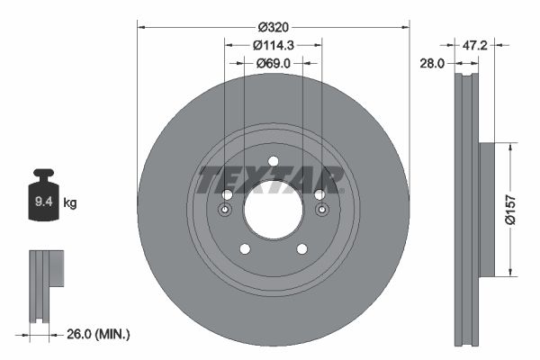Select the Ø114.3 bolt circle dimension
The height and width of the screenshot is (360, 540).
point(274,44)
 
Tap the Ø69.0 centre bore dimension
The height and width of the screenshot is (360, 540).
point(274,63)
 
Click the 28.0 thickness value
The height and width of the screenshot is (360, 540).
point(434,63)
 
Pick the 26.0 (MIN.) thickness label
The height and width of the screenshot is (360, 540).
point(100,334)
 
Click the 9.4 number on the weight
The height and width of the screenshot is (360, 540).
point(42,202)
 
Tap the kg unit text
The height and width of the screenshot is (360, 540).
point(70,203)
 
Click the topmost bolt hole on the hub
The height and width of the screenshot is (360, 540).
point(273,162)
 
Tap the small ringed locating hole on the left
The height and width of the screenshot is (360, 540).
point(225,210)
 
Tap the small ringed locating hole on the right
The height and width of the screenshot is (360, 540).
point(321,210)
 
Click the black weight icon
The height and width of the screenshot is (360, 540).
point(42,194)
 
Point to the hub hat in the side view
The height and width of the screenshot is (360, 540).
point(487,209)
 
